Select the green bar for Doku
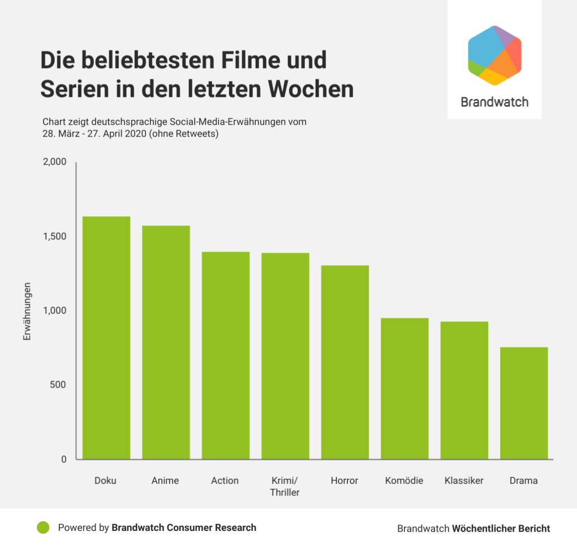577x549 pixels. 106,337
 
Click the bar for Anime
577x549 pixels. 166,342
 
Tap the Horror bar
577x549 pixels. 345,362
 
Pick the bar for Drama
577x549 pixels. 524,403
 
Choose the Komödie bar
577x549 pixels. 404,388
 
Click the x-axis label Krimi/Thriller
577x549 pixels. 285,486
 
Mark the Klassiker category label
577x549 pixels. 464,481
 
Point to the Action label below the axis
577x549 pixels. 225,481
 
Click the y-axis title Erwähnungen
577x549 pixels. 27,311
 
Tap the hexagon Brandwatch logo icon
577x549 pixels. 494,55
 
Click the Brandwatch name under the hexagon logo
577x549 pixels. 494,102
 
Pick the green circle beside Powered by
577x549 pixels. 43,527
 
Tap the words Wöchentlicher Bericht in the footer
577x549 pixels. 501,529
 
